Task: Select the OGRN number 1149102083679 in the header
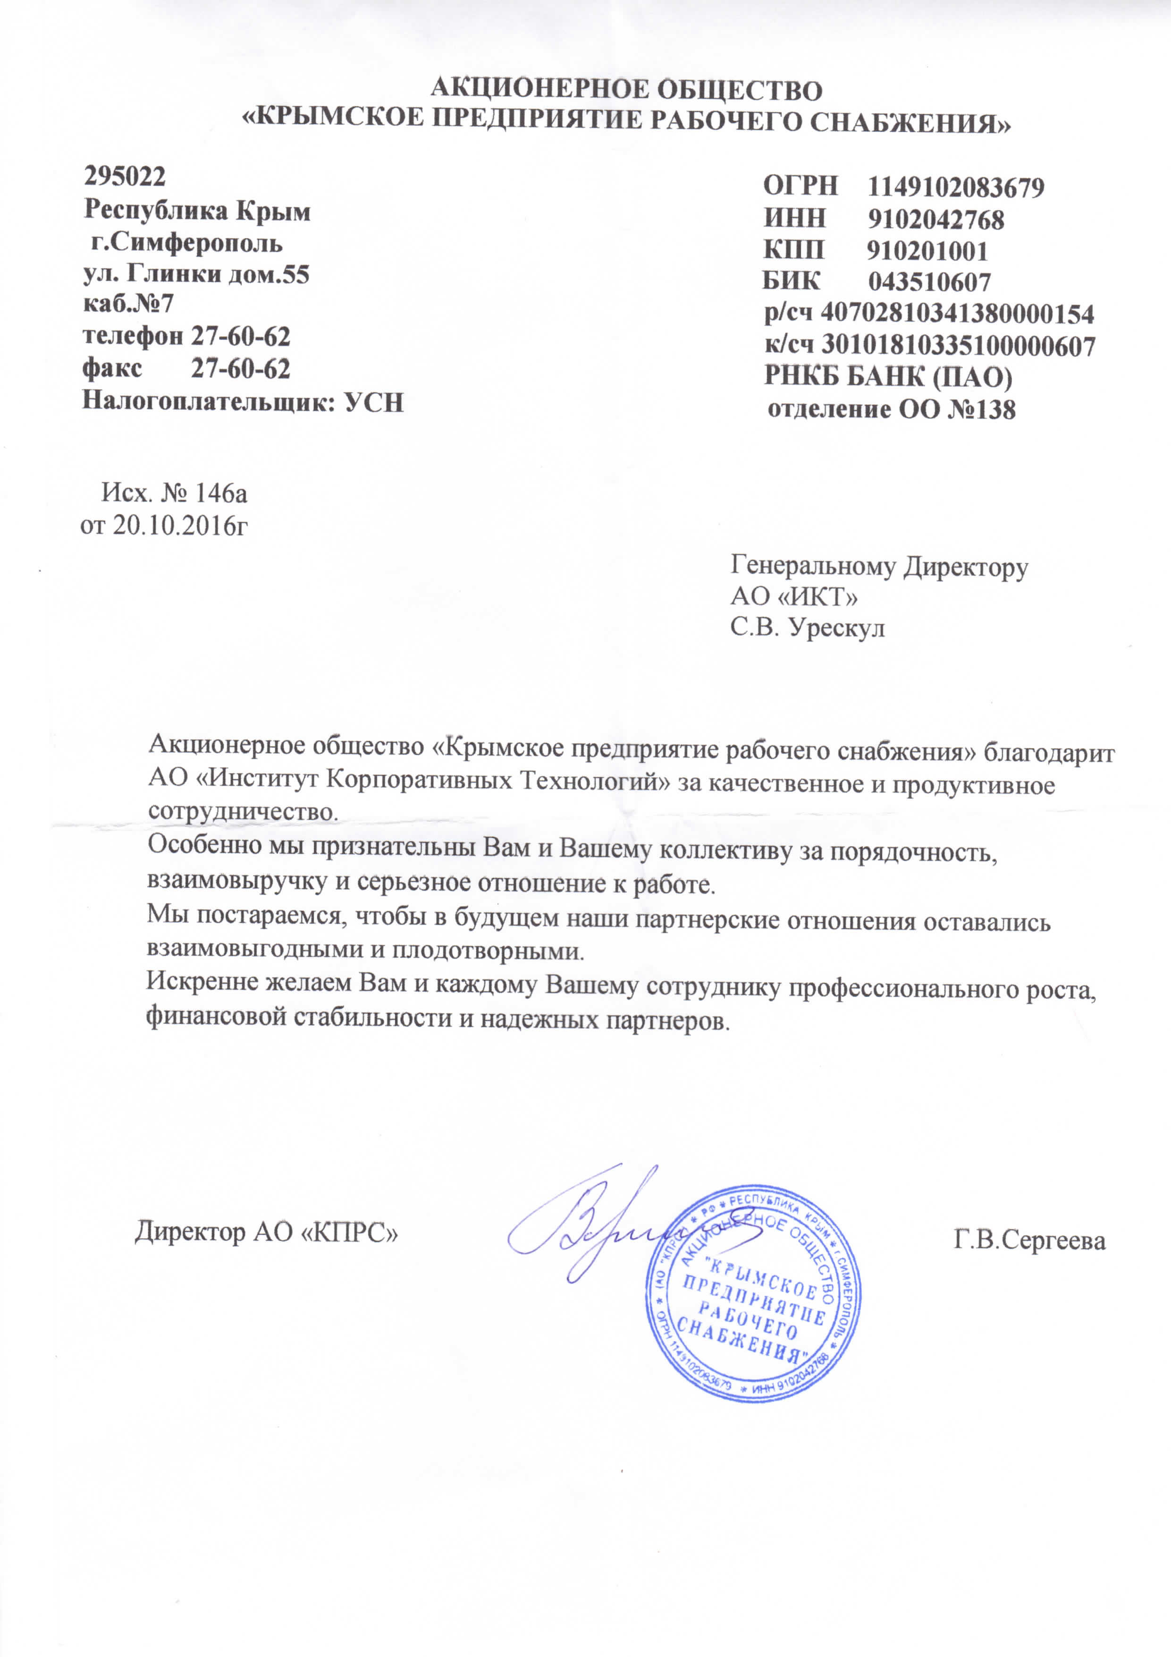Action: (955, 187)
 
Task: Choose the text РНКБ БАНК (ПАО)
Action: (888, 377)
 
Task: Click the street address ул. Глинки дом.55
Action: (197, 274)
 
